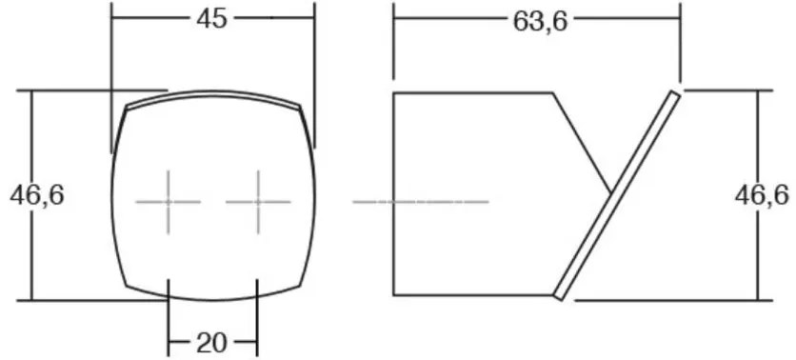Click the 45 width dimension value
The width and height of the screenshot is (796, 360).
[212, 19]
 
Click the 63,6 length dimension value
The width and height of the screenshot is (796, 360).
[540, 22]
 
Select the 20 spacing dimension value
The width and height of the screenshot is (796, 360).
[212, 344]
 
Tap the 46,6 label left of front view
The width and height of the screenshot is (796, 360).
[37, 195]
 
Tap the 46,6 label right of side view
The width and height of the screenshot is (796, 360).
[762, 195]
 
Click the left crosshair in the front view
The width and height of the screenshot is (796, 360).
[168, 202]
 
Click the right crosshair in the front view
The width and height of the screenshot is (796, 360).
[258, 202]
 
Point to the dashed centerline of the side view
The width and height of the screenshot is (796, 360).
[421, 202]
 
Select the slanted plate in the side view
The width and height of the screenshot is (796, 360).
[617, 195]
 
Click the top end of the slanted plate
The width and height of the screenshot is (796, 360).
[676, 93]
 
